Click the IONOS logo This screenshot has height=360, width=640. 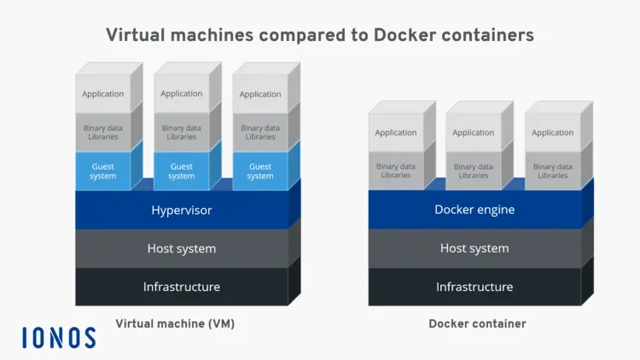tap(59, 337)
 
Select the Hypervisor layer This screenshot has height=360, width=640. tap(182, 210)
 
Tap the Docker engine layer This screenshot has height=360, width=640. tap(474, 210)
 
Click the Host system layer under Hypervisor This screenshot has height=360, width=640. tap(182, 248)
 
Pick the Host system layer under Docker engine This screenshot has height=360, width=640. tap(474, 248)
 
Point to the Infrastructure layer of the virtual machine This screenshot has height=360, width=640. tap(182, 287)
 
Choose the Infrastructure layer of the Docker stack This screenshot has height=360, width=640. tap(474, 287)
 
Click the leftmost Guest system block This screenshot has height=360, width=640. tap(102, 171)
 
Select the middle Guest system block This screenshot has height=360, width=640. tap(181, 171)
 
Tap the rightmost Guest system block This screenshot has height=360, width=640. tap(260, 171)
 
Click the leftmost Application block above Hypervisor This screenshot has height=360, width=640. tap(102, 94)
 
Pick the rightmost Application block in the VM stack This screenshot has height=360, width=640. tap(260, 94)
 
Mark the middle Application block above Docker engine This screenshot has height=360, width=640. tap(474, 132)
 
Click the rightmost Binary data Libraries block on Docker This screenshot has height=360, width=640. tap(552, 171)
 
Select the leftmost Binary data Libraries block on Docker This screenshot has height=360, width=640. tap(396, 171)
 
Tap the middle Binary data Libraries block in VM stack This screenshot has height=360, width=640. tap(181, 132)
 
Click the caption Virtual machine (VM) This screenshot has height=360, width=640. tap(175, 324)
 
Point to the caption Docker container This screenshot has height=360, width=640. tap(477, 324)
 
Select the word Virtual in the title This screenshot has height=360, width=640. tap(135, 35)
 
